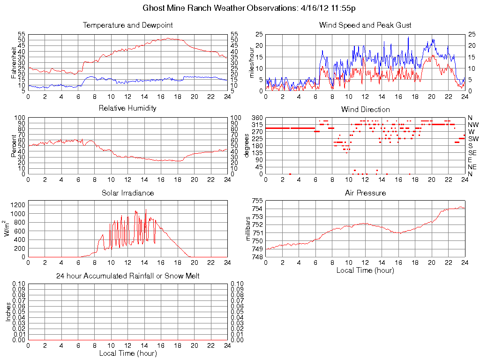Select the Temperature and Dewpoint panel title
127,25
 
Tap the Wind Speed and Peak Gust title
365,25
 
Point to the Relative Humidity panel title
127,108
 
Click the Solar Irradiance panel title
127,193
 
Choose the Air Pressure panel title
365,193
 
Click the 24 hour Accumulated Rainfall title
127,276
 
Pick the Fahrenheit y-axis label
14,62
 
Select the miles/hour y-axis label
251,62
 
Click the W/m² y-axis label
8,229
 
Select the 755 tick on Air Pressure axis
257,201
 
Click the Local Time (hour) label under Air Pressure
365,270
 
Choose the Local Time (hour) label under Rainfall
127,353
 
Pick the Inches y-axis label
8,312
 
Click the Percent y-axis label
14,146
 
